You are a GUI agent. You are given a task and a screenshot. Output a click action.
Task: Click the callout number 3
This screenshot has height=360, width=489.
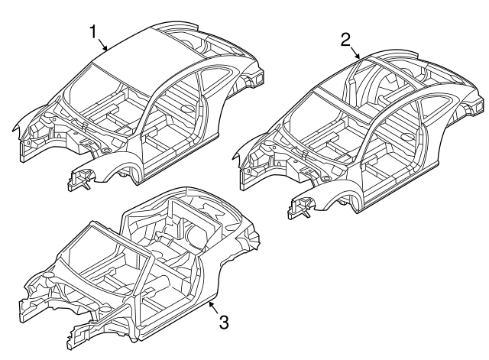tap(223, 322)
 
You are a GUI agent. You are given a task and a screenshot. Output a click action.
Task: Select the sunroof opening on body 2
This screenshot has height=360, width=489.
tap(390, 79)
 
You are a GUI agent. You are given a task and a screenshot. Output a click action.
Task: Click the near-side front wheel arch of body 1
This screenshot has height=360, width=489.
tap(122, 173)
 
